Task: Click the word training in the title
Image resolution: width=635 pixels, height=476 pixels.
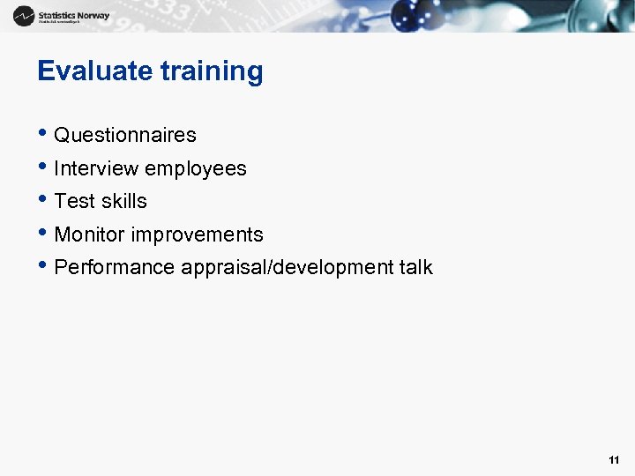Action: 212,71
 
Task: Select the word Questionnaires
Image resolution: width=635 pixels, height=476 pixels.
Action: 125,135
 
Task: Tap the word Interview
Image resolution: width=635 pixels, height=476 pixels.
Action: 96,168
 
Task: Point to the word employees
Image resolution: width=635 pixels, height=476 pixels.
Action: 196,168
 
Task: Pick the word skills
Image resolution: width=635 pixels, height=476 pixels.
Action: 124,201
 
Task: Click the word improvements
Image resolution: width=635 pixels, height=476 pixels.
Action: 197,234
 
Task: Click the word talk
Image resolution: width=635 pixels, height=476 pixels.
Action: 415,267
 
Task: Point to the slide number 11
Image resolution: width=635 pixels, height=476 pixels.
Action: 614,460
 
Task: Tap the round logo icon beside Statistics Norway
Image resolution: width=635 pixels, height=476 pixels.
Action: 25,15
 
